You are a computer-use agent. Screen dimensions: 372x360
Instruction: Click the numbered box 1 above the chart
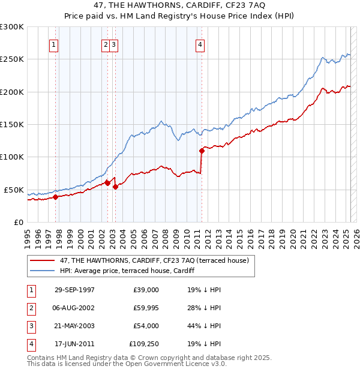coord(54,44)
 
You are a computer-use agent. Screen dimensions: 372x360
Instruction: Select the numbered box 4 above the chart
coord(200,44)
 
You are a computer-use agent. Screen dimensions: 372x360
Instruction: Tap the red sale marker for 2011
coord(202,151)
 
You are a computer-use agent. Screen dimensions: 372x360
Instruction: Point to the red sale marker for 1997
coord(55,196)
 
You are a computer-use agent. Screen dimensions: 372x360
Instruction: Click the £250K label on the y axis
coord(12,59)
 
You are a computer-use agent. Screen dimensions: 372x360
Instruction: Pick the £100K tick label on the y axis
coord(12,157)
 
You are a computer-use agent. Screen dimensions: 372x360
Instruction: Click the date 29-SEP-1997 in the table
coord(74,290)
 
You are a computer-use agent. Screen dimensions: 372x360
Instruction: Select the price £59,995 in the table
coord(146,308)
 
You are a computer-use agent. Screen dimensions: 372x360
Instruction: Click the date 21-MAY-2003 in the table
coord(74,326)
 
